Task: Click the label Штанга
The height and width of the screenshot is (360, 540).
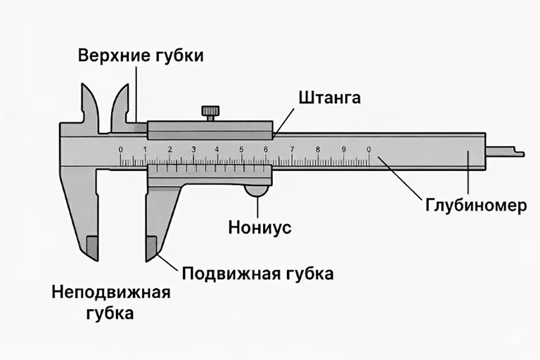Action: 329,97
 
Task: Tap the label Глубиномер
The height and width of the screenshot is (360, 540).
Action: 475,206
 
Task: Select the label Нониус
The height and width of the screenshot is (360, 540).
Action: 260,228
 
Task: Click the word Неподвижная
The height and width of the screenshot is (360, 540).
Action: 111,292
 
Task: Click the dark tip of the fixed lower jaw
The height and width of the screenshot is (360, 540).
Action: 91,248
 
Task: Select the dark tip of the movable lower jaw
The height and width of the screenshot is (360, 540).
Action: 150,248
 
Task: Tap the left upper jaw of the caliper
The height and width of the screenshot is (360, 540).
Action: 89,105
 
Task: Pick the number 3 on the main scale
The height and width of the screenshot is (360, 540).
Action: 193,149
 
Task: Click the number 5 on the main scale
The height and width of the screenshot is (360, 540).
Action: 241,149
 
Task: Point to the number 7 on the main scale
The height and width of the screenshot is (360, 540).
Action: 291,149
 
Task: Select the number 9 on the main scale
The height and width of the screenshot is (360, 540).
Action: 344,149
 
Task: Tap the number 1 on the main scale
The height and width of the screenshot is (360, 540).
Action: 145,149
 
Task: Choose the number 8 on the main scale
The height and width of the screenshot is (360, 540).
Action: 318,149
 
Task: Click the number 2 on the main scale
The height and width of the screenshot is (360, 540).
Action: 169,149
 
